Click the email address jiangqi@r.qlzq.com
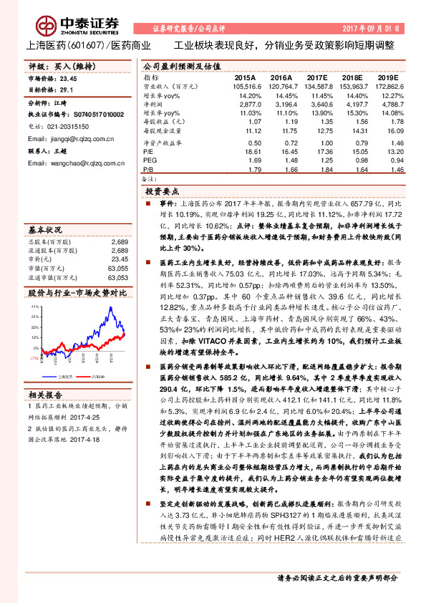(68, 138)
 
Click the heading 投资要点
(162, 192)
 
